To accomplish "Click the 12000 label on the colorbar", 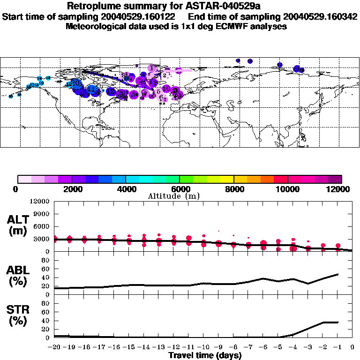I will click(x=337, y=189).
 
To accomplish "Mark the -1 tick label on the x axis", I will click(x=337, y=348).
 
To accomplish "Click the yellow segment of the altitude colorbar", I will click(x=220, y=179).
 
